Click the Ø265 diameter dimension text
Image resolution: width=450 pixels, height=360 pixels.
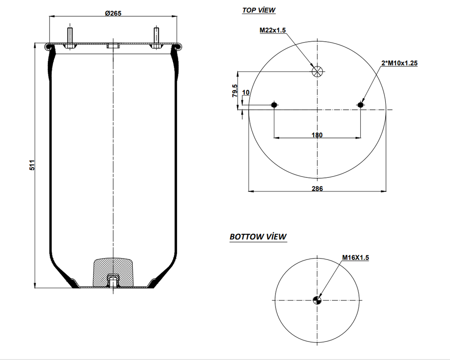point(113,13)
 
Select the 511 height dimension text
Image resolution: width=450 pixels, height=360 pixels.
point(32,166)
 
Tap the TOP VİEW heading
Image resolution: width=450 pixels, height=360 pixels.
point(259,10)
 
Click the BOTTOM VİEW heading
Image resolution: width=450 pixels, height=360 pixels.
point(258,237)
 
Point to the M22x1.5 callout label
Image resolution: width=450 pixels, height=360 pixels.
point(272,30)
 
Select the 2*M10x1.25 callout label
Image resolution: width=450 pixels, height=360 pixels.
point(399,63)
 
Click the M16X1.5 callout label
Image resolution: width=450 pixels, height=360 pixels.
point(356,258)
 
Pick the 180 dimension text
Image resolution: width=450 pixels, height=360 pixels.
point(317,135)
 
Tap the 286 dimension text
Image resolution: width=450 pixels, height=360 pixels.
point(317,189)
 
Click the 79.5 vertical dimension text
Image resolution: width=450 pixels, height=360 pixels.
point(235,90)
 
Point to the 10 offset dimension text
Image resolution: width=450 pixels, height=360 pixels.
point(246,93)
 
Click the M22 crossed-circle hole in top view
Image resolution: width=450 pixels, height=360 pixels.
point(317,72)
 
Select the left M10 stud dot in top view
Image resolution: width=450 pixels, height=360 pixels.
point(274,104)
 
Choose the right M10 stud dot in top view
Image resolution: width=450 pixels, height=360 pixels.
point(361,104)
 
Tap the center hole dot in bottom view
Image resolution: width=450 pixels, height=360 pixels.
point(317,300)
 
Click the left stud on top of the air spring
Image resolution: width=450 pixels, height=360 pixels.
point(70,36)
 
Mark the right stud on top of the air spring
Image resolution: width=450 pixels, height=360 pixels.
point(156,36)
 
